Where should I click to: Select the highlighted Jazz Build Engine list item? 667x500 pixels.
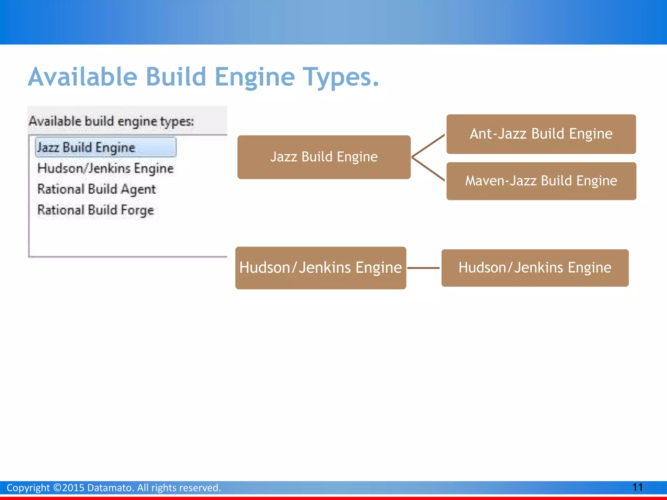pyautogui.click(x=106, y=147)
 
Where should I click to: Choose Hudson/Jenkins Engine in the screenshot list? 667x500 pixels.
pyautogui.click(x=106, y=168)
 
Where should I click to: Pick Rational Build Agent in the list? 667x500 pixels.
pyautogui.click(x=97, y=189)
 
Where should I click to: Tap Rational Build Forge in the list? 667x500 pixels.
pyautogui.click(x=95, y=210)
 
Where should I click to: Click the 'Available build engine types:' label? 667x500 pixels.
pyautogui.click(x=111, y=121)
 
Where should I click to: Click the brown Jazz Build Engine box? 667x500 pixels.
pyautogui.click(x=324, y=157)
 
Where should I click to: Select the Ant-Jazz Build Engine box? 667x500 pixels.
pyautogui.click(x=541, y=134)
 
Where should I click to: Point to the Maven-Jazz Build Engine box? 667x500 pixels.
pyautogui.click(x=541, y=181)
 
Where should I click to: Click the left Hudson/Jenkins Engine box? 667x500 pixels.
pyautogui.click(x=320, y=268)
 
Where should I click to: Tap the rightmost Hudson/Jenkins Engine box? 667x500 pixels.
pyautogui.click(x=535, y=268)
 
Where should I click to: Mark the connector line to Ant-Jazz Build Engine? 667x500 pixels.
pyautogui.click(x=428, y=146)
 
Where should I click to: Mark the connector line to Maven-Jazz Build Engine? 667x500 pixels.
pyautogui.click(x=428, y=169)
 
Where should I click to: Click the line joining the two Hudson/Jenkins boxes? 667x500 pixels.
pyautogui.click(x=423, y=268)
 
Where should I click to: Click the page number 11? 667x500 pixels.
pyautogui.click(x=637, y=487)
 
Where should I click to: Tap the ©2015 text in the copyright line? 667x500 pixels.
pyautogui.click(x=69, y=488)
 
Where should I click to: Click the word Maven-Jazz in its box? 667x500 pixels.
pyautogui.click(x=501, y=181)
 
